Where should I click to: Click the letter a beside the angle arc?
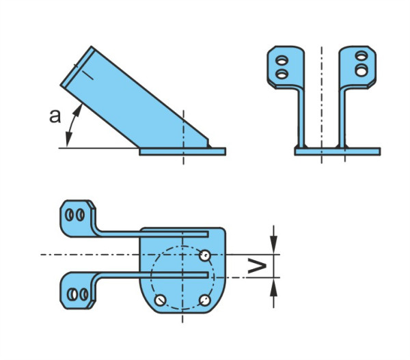pos(55,116)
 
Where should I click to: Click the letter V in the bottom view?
pos(257,266)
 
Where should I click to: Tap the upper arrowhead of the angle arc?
pos(78,110)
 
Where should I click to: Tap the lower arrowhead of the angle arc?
pos(68,139)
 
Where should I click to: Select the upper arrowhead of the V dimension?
pos(273,245)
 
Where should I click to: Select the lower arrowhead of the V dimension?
pos(273,287)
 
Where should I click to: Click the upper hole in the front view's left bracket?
pos(282,60)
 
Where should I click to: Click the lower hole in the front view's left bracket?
pos(282,74)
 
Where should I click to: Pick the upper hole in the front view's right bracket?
pos(361,56)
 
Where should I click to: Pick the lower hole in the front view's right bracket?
pos(361,70)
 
